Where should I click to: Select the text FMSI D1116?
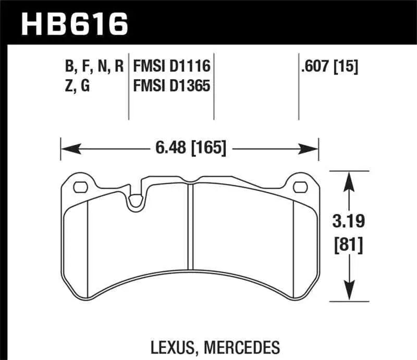(x=171, y=66)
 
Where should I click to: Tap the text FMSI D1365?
(x=171, y=85)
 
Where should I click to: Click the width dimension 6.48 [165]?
(x=190, y=149)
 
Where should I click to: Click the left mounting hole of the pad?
(x=80, y=187)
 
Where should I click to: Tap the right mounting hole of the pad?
(x=300, y=187)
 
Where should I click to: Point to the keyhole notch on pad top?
(x=136, y=201)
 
